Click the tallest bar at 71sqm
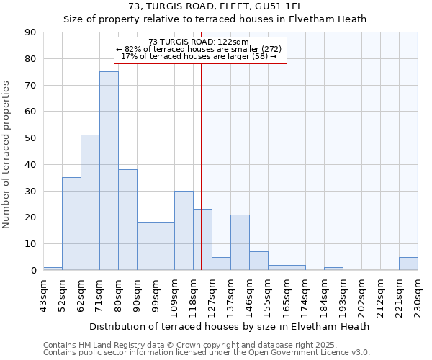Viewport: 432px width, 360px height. pyautogui.click(x=109, y=171)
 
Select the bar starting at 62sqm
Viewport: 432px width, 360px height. pyautogui.click(x=90, y=202)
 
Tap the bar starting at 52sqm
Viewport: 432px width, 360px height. pyautogui.click(x=71, y=223)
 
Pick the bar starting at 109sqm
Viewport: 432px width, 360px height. pyautogui.click(x=184, y=230)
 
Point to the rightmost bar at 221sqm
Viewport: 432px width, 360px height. pyautogui.click(x=408, y=264)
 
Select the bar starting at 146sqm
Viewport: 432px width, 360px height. pyautogui.click(x=258, y=261)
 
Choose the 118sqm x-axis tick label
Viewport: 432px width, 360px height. pyautogui.click(x=194, y=295)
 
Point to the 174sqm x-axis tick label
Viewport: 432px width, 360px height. pyautogui.click(x=306, y=295)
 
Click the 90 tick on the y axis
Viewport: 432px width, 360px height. pyautogui.click(x=30, y=32)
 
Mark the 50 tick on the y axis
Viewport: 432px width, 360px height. pyautogui.click(x=30, y=138)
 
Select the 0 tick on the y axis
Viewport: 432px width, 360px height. pyautogui.click(x=33, y=271)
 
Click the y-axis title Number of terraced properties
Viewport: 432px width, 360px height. pyautogui.click(x=7, y=155)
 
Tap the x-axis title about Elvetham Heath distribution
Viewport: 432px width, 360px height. pyautogui.click(x=230, y=326)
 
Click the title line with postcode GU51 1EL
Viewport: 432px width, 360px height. pyautogui.click(x=215, y=6)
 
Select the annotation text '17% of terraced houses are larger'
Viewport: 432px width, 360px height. pyautogui.click(x=199, y=56)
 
